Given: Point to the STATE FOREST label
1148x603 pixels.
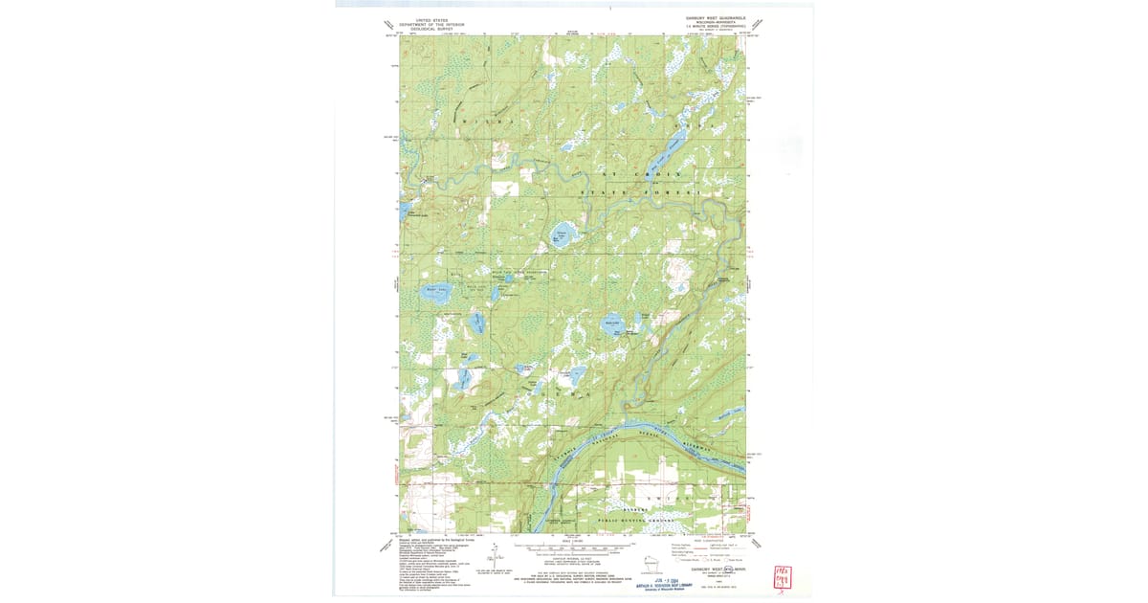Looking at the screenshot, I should [x=641, y=192].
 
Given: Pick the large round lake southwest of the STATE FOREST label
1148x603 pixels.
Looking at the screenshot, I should [x=563, y=235].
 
